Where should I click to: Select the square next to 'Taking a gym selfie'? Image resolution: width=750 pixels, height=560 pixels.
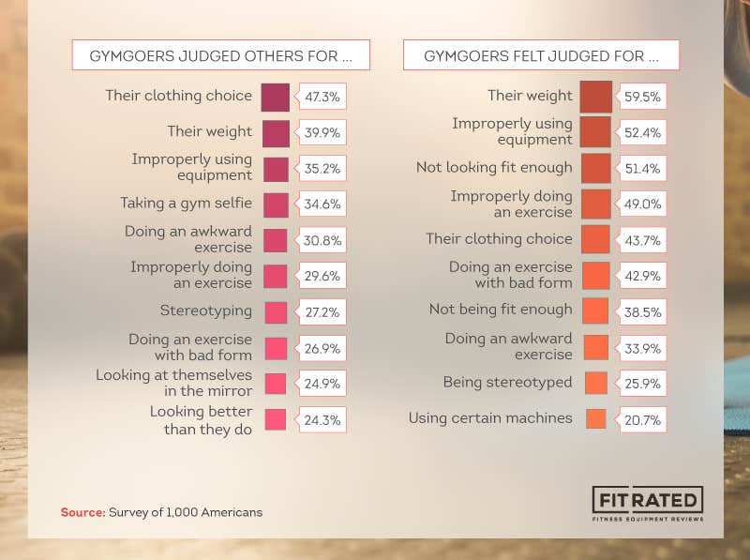[x=276, y=204]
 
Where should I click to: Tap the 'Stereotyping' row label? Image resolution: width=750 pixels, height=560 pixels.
[x=206, y=310]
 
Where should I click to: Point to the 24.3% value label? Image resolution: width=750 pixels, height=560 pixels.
[x=322, y=420]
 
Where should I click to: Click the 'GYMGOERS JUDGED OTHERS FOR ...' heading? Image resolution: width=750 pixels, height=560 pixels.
[x=220, y=55]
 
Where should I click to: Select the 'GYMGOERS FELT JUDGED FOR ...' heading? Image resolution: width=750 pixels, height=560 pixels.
[x=541, y=55]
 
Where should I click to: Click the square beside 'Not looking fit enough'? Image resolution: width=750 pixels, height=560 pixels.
[x=595, y=169]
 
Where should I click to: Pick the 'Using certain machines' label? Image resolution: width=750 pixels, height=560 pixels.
[x=490, y=418]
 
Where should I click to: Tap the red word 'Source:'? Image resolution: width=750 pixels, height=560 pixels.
[x=82, y=512]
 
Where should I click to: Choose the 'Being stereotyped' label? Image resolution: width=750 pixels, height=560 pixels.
[x=507, y=383]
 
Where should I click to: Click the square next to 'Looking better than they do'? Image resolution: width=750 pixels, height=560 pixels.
[x=276, y=419]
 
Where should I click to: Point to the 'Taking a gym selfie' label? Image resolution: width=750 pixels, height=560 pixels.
[x=186, y=203]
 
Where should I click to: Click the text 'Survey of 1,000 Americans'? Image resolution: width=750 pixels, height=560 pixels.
[x=186, y=512]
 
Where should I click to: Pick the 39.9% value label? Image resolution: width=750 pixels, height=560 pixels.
[x=322, y=133]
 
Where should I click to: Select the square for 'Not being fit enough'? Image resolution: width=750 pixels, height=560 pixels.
[x=595, y=310]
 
